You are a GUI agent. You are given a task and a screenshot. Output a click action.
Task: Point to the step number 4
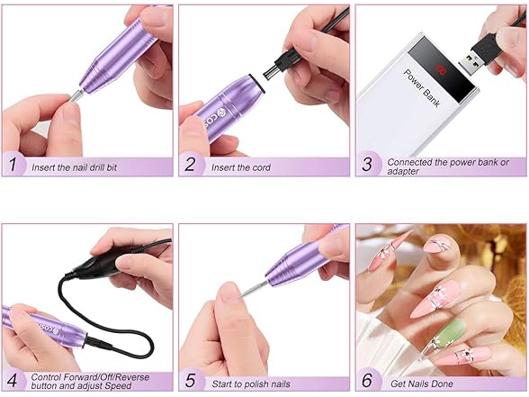pos(13,381)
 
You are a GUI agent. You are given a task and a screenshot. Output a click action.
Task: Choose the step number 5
pos(190,381)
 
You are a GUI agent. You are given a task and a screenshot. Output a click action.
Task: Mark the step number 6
pos(367,381)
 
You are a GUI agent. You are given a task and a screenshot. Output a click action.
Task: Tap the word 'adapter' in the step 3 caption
pos(405,172)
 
